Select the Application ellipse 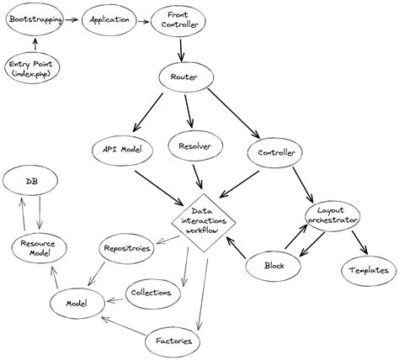(109, 19)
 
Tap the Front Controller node (178, 20)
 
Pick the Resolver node (195, 146)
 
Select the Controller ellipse (277, 153)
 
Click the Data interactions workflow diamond (202, 220)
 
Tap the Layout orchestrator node (332, 215)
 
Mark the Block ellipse (274, 267)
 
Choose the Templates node (367, 270)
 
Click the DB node (30, 181)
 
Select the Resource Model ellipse (39, 248)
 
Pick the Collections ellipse (152, 293)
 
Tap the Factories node (174, 341)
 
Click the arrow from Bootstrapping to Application (73, 19)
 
